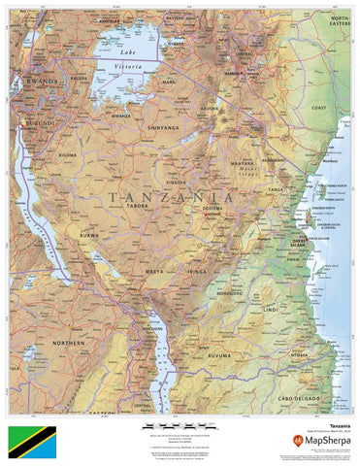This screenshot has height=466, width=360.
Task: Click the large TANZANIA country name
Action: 172,197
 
